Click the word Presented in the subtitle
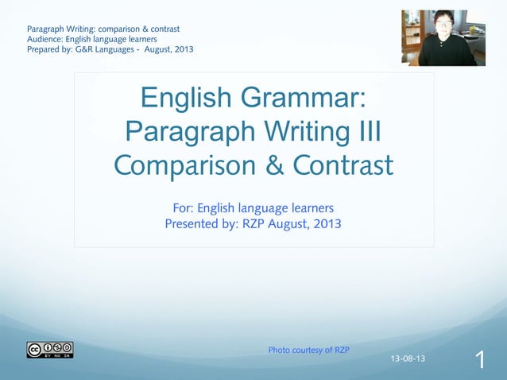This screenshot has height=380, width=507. tap(193, 223)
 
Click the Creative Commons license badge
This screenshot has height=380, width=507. tap(49, 350)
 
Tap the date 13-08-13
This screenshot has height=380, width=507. tap(408, 359)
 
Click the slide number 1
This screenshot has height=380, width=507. tap(480, 361)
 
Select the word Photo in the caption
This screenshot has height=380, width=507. tap(279, 350)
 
